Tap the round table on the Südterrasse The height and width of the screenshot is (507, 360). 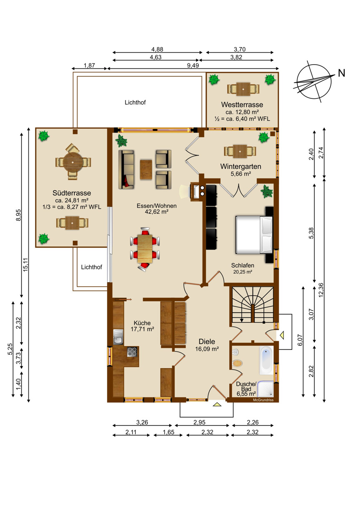[x=73, y=162]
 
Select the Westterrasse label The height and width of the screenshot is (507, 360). [x=242, y=105]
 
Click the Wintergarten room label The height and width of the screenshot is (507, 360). [x=240, y=166]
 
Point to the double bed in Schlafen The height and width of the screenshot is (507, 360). [x=254, y=234]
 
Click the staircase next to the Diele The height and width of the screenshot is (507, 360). [x=253, y=305]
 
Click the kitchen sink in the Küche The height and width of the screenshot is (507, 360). [x=118, y=337]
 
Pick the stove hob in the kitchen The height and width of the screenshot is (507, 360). [x=132, y=352]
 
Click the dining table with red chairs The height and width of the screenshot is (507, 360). [x=145, y=248]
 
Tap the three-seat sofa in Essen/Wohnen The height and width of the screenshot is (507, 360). [x=126, y=169]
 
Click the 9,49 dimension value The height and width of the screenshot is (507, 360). [x=192, y=65]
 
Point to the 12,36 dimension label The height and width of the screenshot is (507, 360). [x=321, y=290]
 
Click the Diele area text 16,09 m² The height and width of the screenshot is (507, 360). [x=207, y=349]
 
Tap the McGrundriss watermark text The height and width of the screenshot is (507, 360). [x=263, y=400]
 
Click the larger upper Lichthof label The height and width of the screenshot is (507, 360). [x=135, y=102]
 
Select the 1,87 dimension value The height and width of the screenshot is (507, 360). [x=89, y=65]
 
